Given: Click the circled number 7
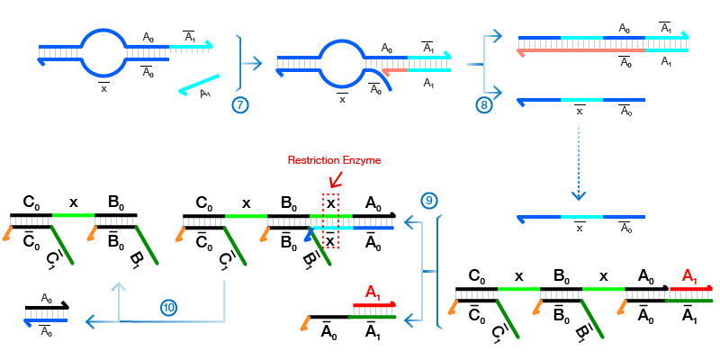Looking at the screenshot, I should [x=239, y=104].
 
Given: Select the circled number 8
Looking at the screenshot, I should [x=483, y=104].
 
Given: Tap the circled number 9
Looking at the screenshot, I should [x=428, y=200].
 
